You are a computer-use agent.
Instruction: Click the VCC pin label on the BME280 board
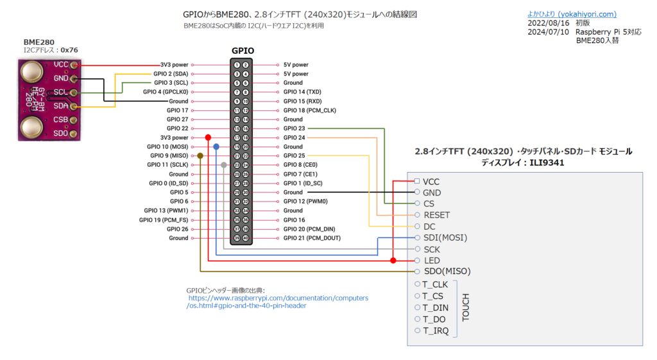coord(62,64)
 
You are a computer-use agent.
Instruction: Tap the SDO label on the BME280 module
coord(61,133)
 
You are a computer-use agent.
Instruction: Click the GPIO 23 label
coord(294,128)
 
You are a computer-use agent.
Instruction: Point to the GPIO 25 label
coord(294,156)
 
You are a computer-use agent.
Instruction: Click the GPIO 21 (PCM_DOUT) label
coord(312,238)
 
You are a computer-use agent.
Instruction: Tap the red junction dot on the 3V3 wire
coord(207,137)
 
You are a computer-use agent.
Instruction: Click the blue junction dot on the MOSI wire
coord(216,147)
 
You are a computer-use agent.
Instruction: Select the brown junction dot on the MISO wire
coord(201,156)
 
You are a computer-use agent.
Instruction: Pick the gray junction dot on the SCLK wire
coord(223,165)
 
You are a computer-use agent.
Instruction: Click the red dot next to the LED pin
coord(393,261)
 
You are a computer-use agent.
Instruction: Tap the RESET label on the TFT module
coord(436,215)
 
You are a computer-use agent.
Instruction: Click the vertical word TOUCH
coord(466,307)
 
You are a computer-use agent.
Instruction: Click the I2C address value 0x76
coord(69,49)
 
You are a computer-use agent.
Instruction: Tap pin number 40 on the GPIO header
coord(245,238)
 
